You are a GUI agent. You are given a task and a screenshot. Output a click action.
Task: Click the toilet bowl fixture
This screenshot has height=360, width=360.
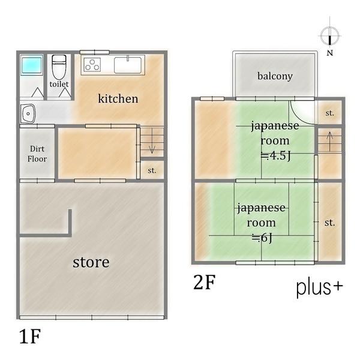59,67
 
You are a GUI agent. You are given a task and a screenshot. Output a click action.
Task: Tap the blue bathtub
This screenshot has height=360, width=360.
32,65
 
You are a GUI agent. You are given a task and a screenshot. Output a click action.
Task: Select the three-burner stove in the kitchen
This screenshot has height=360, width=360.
92,65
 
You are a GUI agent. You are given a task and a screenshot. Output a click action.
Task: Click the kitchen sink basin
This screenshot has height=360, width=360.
128,65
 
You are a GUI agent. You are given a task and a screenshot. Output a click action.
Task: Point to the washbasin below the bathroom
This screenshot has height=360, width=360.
28,113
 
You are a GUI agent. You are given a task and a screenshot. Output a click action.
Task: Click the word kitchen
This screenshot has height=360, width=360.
118,98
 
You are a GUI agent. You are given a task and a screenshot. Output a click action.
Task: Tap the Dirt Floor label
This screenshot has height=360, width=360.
37,154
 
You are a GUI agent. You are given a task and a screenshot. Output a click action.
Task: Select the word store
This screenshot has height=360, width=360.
91,262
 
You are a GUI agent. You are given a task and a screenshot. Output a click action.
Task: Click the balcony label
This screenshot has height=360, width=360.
275,76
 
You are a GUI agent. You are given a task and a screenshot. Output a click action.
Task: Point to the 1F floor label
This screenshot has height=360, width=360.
30,337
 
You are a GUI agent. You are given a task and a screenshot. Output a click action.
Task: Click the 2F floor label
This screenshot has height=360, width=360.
205,283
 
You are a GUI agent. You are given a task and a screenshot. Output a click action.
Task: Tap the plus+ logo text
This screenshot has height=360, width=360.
319,287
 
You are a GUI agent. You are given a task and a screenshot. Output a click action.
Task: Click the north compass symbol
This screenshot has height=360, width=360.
330,36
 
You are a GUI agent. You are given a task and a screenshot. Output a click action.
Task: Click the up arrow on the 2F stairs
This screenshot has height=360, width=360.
329,142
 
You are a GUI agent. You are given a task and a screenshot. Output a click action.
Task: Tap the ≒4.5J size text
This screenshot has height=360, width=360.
276,156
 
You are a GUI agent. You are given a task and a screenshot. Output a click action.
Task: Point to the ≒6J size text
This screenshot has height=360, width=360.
262,238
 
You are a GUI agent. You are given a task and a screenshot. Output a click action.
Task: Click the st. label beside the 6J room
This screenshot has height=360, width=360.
329,223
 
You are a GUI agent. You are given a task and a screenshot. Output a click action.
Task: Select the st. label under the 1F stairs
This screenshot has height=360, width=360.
152,170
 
